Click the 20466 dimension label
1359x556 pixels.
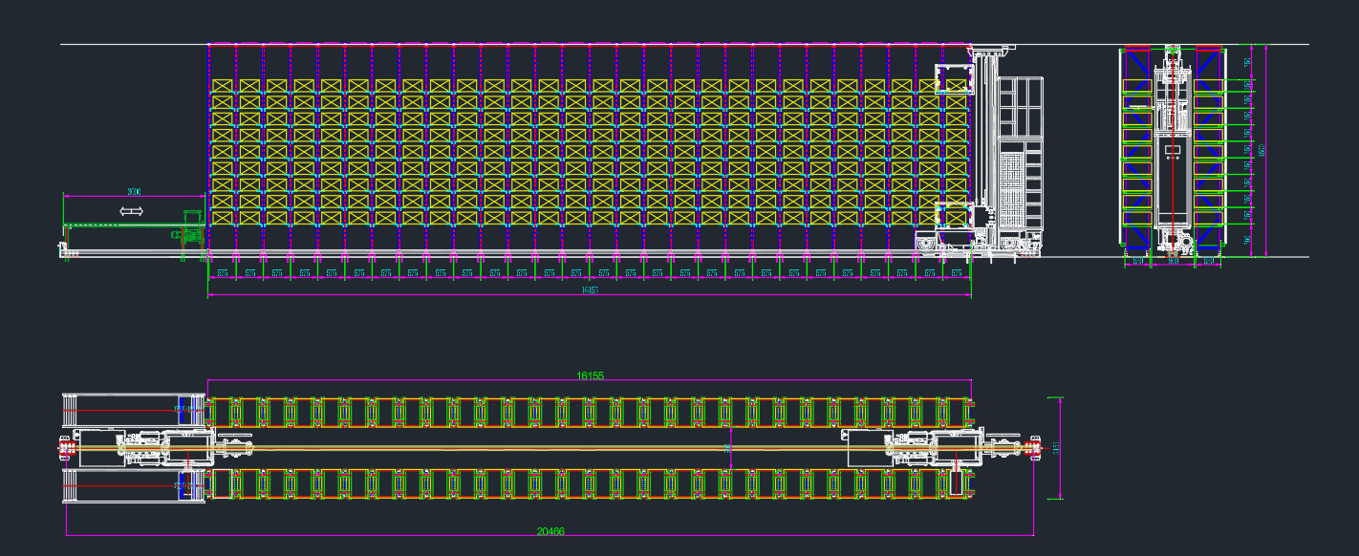[x=550, y=531]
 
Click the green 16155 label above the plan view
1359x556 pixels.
[x=590, y=375]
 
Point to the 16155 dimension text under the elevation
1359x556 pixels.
[x=589, y=290]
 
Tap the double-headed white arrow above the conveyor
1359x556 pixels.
[x=131, y=210]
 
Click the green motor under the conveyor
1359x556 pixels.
[x=188, y=233]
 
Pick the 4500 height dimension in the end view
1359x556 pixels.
[x=1261, y=150]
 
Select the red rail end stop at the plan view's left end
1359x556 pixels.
[x=66, y=447]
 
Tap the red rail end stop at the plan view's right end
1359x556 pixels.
[x=1032, y=447]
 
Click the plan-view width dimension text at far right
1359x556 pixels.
[x=1056, y=447]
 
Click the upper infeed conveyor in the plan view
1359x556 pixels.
[x=134, y=410]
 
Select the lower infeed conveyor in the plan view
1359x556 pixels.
[x=134, y=486]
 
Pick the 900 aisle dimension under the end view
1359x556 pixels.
[x=1174, y=260]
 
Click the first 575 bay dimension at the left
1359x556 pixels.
[x=222, y=273]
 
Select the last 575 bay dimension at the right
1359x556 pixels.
[x=957, y=273]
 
